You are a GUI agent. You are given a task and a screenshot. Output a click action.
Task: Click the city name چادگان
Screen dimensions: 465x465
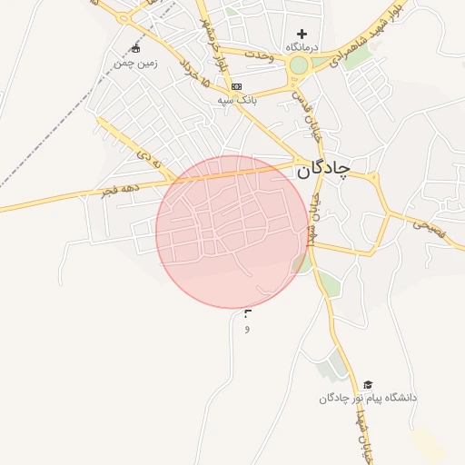[322, 170]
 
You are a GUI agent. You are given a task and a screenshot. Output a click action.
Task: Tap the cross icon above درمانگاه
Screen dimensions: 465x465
[302, 34]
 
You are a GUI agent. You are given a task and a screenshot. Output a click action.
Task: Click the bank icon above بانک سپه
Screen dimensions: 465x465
[237, 86]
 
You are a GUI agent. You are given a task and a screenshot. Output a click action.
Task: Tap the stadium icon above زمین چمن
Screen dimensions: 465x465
[136, 48]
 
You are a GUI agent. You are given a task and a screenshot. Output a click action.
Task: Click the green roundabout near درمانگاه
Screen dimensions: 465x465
[299, 65]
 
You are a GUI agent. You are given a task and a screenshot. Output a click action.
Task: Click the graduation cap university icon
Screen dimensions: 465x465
[368, 385]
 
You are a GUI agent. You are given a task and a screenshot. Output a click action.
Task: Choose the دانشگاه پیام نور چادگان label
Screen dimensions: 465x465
[368, 398]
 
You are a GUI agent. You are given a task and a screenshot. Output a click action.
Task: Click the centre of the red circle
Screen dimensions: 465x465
[231, 232]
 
